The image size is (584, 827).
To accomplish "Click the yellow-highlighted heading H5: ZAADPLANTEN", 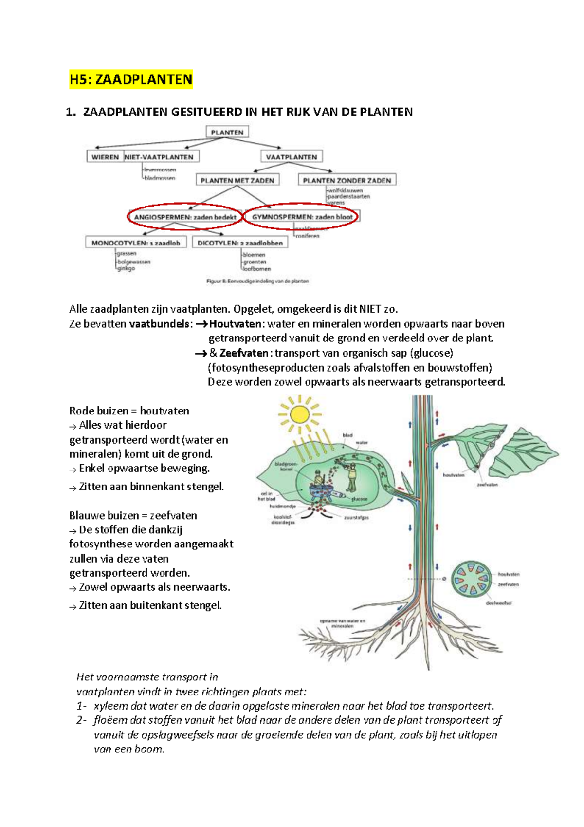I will [x=131, y=79].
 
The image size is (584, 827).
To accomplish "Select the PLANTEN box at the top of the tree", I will [x=227, y=132].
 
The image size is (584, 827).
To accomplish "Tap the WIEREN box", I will [x=105, y=157].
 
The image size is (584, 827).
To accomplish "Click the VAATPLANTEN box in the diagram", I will [x=292, y=157].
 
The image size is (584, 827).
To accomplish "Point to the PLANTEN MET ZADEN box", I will [x=237, y=180].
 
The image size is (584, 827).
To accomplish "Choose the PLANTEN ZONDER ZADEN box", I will [x=347, y=180].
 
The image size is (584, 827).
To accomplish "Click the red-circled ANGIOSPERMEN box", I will [x=185, y=217].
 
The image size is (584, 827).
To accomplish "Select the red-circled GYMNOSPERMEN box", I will [x=302, y=217].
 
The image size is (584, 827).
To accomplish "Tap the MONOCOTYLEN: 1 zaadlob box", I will [x=136, y=243].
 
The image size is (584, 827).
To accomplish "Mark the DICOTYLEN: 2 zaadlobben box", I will [x=240, y=243].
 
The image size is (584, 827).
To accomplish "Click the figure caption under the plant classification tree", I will [x=257, y=281].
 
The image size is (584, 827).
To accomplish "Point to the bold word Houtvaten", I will [x=236, y=324].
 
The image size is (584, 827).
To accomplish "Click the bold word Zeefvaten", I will [x=244, y=353].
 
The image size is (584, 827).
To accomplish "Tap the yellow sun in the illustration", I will [x=299, y=414].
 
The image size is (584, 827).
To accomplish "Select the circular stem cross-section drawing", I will [x=470, y=579].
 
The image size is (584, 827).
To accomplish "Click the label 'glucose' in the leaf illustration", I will [x=359, y=499].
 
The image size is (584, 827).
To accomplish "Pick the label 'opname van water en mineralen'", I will [x=343, y=623].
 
